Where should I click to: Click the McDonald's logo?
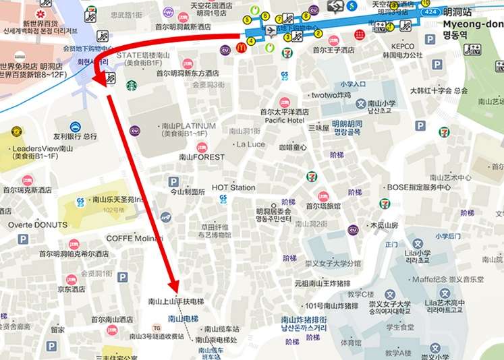(241, 48)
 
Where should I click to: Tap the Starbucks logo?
(132, 85)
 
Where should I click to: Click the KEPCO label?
(402, 47)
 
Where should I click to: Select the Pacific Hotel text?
(284, 121)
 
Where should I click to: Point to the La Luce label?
(250, 144)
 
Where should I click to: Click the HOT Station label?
(233, 187)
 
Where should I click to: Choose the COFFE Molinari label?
(135, 239)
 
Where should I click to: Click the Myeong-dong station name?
(472, 24)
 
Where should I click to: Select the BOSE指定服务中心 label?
(418, 187)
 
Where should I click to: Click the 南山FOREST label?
(202, 157)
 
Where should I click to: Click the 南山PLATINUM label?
(188, 126)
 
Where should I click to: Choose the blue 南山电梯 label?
(183, 318)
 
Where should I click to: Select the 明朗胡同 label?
(347, 124)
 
